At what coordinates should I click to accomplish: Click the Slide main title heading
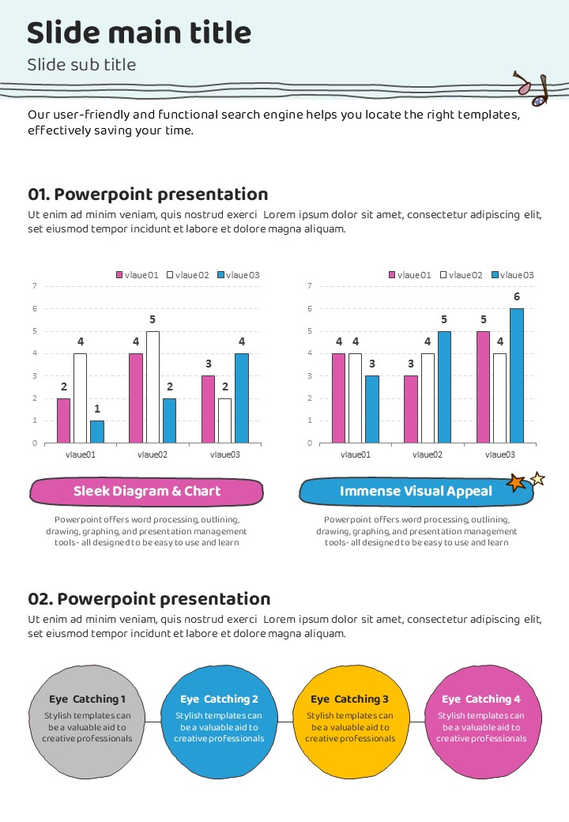pyautogui.click(x=139, y=33)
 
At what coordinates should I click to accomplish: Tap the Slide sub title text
pyautogui.click(x=81, y=65)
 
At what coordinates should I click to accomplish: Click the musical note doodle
pyautogui.click(x=530, y=89)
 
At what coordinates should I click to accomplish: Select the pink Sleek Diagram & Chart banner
pyautogui.click(x=147, y=492)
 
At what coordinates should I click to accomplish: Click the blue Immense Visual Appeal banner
pyautogui.click(x=416, y=492)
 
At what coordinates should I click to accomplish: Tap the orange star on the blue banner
pyautogui.click(x=515, y=483)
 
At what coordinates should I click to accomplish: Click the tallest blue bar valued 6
pyautogui.click(x=517, y=375)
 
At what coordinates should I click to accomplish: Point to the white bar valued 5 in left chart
pyautogui.click(x=153, y=387)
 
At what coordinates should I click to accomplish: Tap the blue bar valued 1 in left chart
pyautogui.click(x=96, y=432)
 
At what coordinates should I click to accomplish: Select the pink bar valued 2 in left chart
pyautogui.click(x=63, y=420)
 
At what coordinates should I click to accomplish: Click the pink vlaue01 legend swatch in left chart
pyautogui.click(x=120, y=275)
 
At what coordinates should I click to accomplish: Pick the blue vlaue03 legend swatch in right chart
pyautogui.click(x=496, y=275)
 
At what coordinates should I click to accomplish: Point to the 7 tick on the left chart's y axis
pyautogui.click(x=35, y=286)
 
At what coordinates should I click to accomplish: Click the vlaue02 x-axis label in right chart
pyautogui.click(x=428, y=454)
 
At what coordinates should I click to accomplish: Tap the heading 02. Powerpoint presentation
pyautogui.click(x=149, y=599)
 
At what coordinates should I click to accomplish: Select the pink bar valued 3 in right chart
pyautogui.click(x=411, y=409)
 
